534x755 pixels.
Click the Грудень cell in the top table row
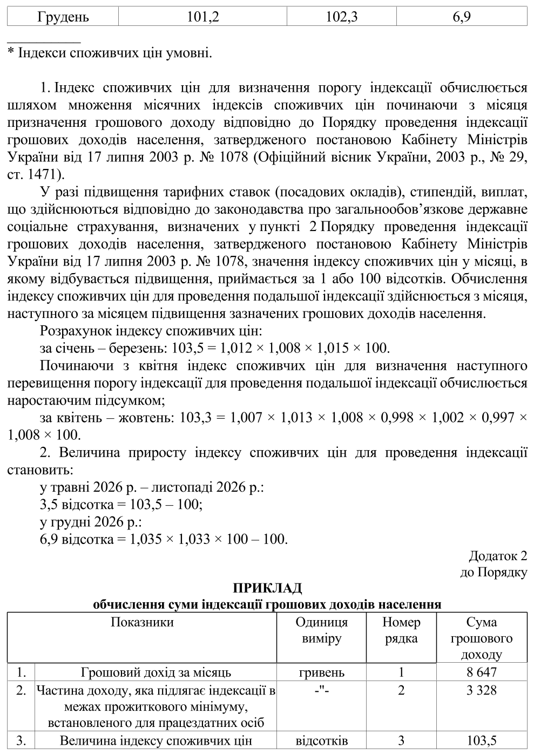click(63, 17)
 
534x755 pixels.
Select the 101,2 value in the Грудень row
click(202, 17)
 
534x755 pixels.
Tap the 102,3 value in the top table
click(342, 17)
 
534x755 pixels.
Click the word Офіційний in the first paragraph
click(293, 157)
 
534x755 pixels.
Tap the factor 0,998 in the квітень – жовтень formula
click(398, 417)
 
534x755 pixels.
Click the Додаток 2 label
click(497, 556)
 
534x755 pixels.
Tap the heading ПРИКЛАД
click(267, 588)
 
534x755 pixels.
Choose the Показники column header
click(142, 622)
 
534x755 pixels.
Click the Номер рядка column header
click(401, 630)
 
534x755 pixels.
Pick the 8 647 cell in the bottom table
click(482, 672)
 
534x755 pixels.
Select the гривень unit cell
click(321, 672)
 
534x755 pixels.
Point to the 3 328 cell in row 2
click(482, 690)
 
